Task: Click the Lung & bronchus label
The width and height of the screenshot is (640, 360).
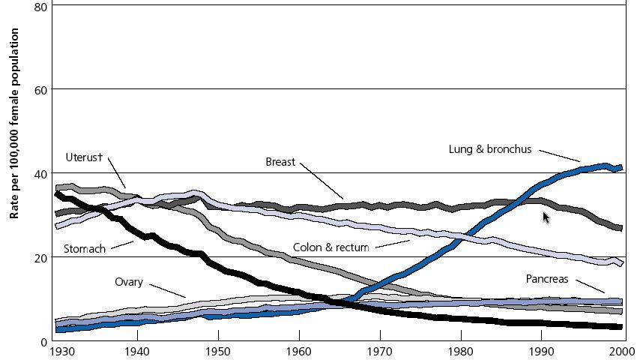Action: (489, 149)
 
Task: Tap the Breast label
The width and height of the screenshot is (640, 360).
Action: (281, 161)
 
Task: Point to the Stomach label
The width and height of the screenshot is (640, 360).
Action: (84, 248)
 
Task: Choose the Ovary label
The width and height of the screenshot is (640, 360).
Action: (129, 282)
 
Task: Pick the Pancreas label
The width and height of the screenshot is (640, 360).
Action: (547, 279)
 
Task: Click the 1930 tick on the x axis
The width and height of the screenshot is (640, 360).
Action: (61, 351)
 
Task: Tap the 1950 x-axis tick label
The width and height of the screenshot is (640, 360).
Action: (218, 351)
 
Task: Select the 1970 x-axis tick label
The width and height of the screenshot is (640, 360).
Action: (379, 351)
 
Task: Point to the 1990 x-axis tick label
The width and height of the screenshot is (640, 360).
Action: (540, 351)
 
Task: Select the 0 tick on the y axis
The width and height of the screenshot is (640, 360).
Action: (44, 341)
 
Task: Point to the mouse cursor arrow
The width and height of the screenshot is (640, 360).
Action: (546, 217)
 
